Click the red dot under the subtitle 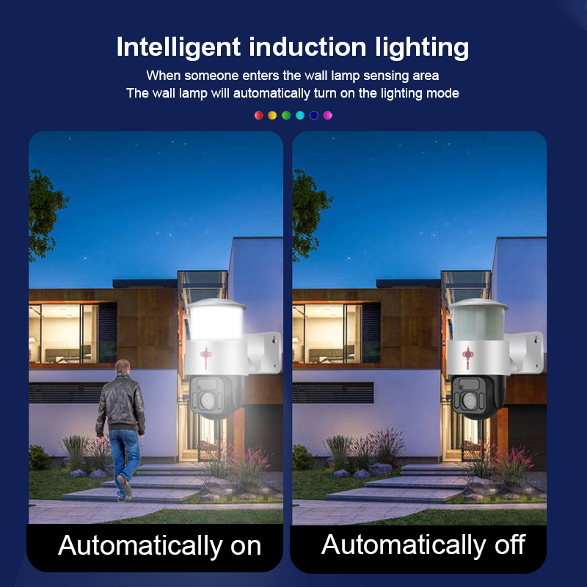(x=258, y=115)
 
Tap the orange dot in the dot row (x=272, y=115)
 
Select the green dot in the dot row (x=286, y=115)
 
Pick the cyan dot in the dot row (x=300, y=115)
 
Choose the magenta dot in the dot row (x=327, y=115)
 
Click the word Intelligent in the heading (x=178, y=48)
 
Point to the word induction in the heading (x=307, y=47)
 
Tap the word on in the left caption (x=246, y=546)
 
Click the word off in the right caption (x=510, y=544)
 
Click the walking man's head (x=123, y=367)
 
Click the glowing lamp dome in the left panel (x=216, y=320)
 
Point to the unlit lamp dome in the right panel (x=478, y=320)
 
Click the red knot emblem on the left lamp (x=205, y=357)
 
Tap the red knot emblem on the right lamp (x=467, y=357)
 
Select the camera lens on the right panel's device (x=470, y=401)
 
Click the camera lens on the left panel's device (x=208, y=401)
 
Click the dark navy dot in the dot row (x=314, y=115)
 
